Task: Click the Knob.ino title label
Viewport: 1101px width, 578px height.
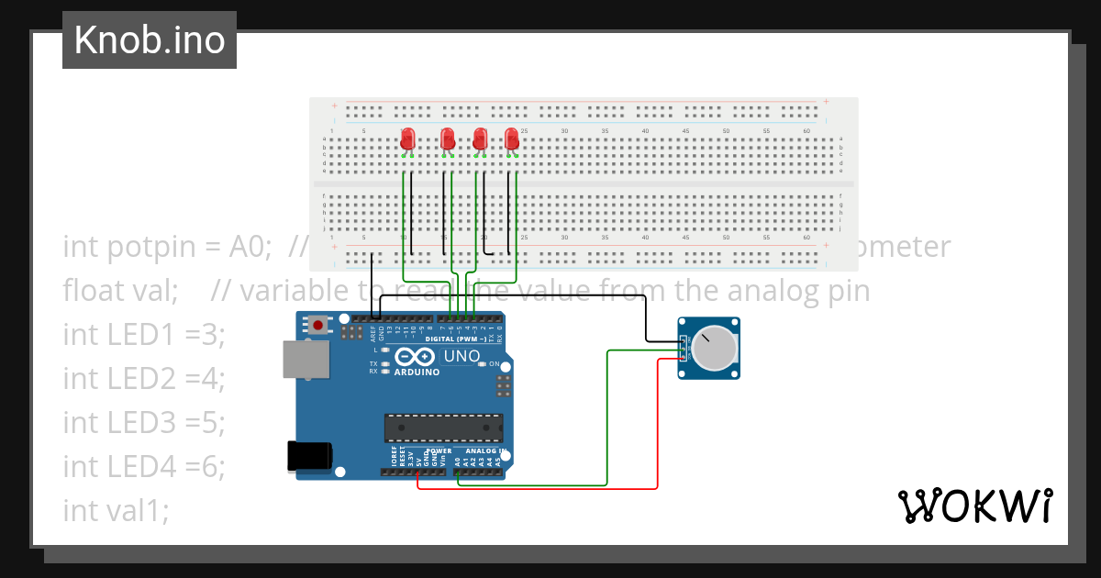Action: (x=149, y=40)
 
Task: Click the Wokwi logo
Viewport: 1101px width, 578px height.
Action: (x=974, y=506)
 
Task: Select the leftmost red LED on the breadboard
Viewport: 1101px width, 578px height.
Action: (x=408, y=139)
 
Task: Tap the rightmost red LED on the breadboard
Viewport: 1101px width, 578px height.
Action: (x=512, y=139)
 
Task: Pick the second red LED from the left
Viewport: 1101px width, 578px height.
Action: (x=448, y=139)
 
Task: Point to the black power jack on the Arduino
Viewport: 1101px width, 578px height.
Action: (x=307, y=456)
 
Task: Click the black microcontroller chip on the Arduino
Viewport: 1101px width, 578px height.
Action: (x=443, y=428)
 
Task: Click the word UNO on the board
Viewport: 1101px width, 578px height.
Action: (x=462, y=356)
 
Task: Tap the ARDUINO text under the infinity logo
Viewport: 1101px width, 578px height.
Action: (x=417, y=372)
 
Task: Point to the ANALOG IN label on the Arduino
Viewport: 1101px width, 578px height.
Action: (x=484, y=450)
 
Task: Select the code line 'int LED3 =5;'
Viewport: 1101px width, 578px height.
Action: (x=144, y=423)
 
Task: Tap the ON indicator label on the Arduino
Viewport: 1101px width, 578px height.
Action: (x=494, y=364)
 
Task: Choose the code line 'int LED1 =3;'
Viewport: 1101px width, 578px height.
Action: (x=144, y=336)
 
